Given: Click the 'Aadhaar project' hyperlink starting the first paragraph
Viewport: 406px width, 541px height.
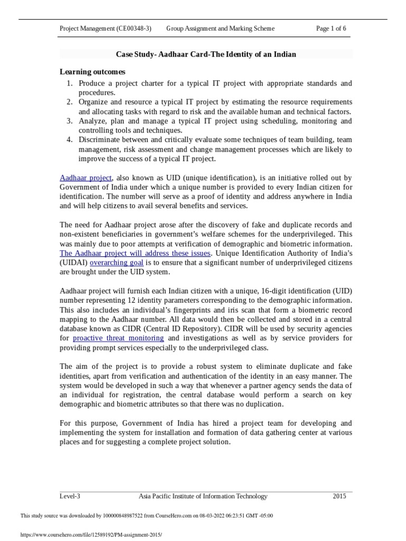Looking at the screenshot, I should point(86,178).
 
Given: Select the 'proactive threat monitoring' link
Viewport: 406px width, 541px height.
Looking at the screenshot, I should point(118,338).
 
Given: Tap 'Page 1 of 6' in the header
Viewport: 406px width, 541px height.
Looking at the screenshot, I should point(331,29).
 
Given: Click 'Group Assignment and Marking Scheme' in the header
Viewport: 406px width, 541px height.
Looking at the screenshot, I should point(220,29).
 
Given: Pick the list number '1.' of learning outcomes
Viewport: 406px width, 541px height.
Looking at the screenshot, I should point(70,83).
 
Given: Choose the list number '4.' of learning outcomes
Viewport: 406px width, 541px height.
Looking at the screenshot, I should point(70,140).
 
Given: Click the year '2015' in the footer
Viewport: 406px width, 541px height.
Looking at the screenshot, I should point(339,496).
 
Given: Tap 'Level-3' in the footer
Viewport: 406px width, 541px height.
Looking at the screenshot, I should point(70,496).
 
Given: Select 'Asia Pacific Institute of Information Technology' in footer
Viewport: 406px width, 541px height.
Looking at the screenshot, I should point(203,496).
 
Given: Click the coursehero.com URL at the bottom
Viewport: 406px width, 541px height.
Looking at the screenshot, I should point(90,535).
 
